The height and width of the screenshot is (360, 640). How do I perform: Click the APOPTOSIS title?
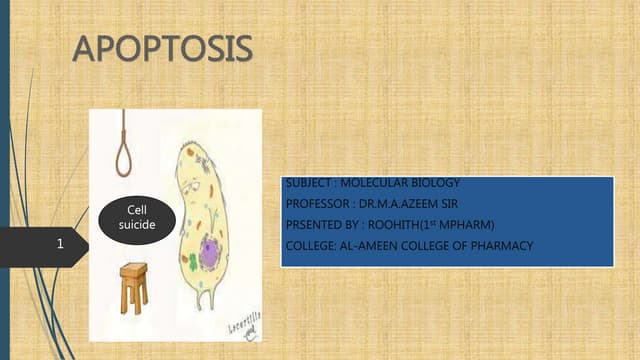pyautogui.click(x=163, y=49)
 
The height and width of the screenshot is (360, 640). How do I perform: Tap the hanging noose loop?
pyautogui.click(x=124, y=155)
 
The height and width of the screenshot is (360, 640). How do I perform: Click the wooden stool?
pyautogui.click(x=134, y=285)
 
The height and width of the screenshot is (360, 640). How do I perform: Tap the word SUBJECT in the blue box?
pyautogui.click(x=308, y=183)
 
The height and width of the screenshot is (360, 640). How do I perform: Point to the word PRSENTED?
pyautogui.click(x=314, y=224)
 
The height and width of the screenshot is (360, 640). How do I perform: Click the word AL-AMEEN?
pyautogui.click(x=377, y=245)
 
